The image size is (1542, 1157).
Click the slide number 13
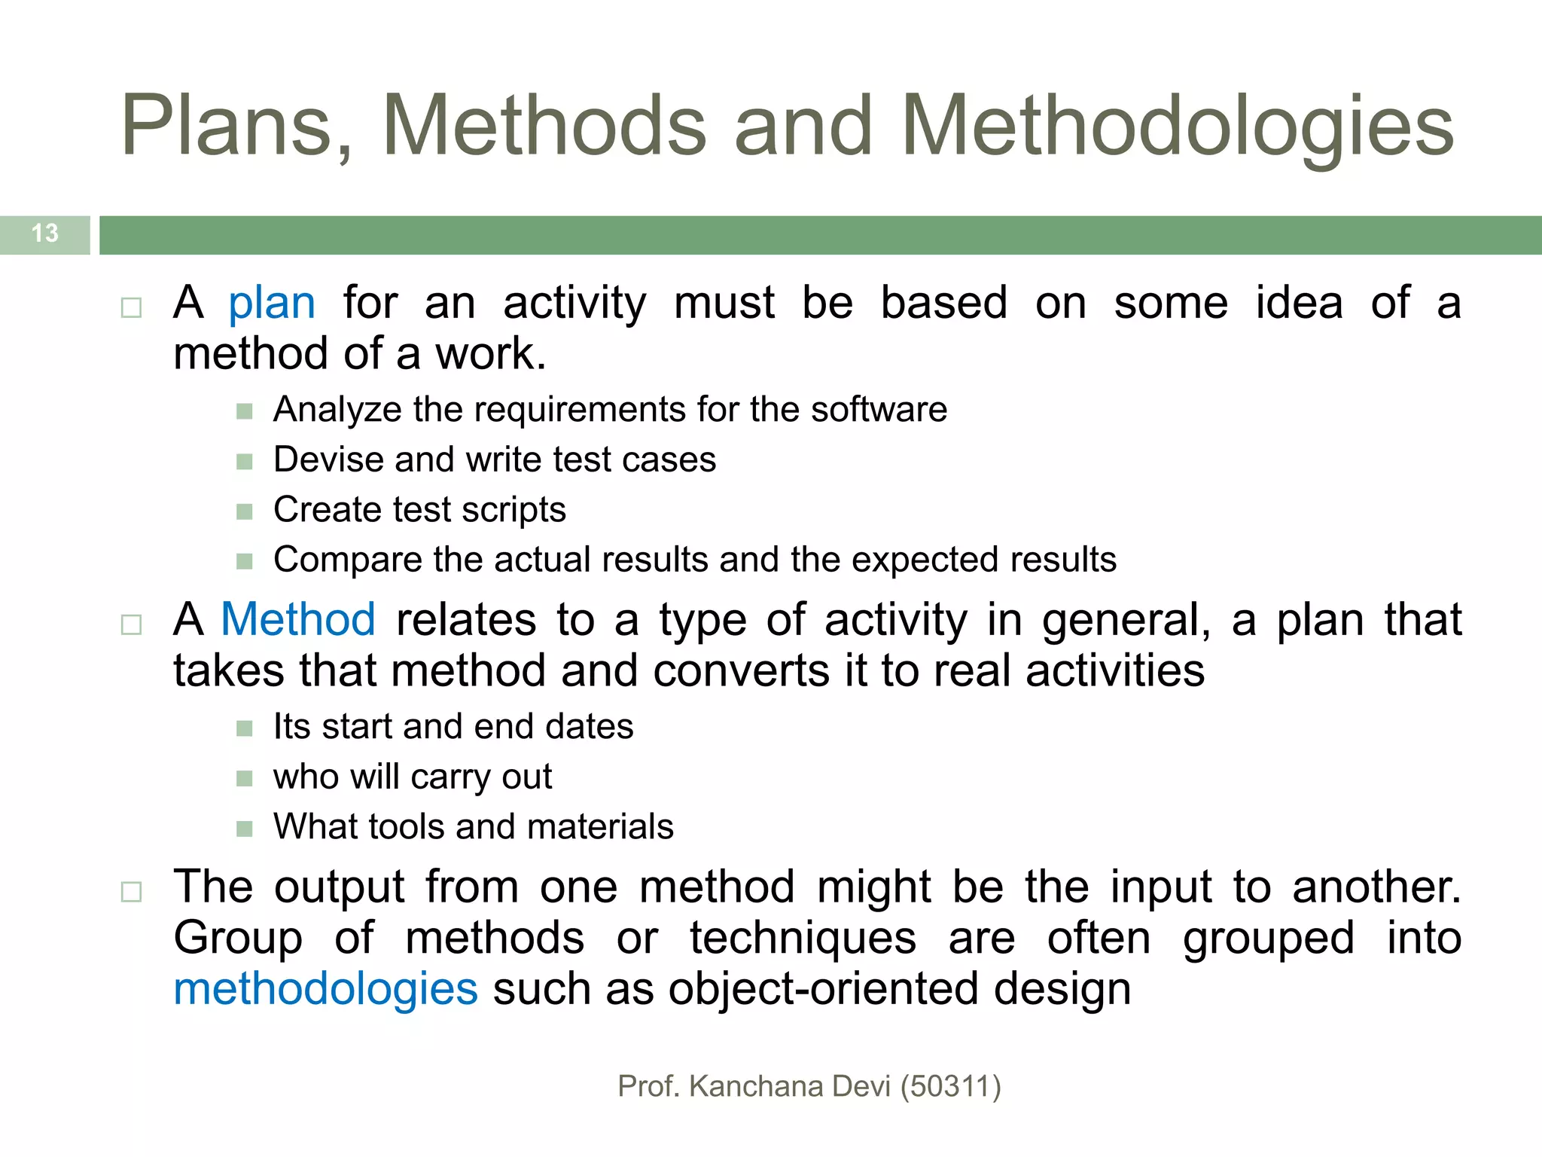(45, 234)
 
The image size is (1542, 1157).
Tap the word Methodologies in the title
(1178, 126)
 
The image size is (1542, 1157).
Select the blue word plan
(272, 304)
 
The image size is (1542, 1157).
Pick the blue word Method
(298, 620)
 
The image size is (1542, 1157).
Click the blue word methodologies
(325, 989)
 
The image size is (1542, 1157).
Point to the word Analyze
(337, 411)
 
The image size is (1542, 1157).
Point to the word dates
(590, 727)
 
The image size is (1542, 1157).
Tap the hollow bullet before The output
(131, 893)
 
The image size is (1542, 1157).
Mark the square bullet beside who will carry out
(244, 778)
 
